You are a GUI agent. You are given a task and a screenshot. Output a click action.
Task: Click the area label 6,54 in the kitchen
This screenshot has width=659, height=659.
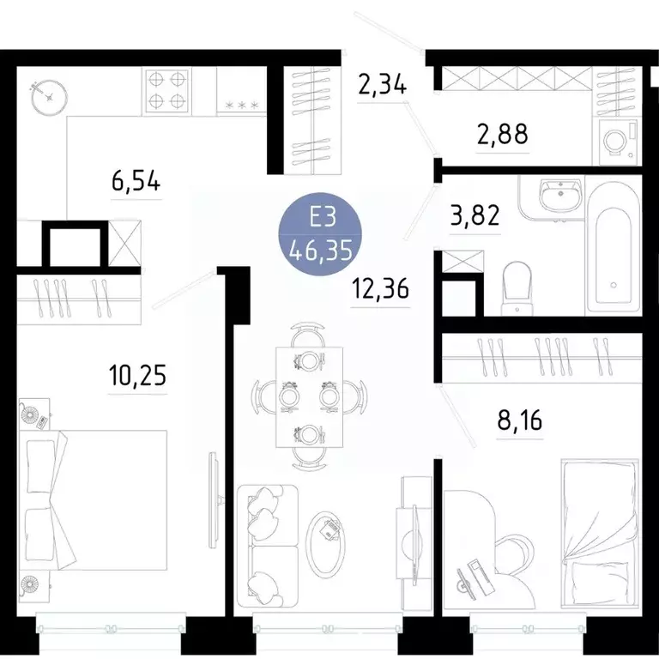pos(136,183)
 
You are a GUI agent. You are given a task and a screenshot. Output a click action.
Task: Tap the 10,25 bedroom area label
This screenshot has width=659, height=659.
pos(136,375)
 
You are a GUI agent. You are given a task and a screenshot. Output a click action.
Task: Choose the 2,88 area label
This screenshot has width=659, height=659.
pos(501,134)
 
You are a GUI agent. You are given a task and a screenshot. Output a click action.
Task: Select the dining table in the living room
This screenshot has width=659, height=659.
pos(308,396)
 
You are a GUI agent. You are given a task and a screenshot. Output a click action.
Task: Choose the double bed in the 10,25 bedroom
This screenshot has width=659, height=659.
pos(94,502)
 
